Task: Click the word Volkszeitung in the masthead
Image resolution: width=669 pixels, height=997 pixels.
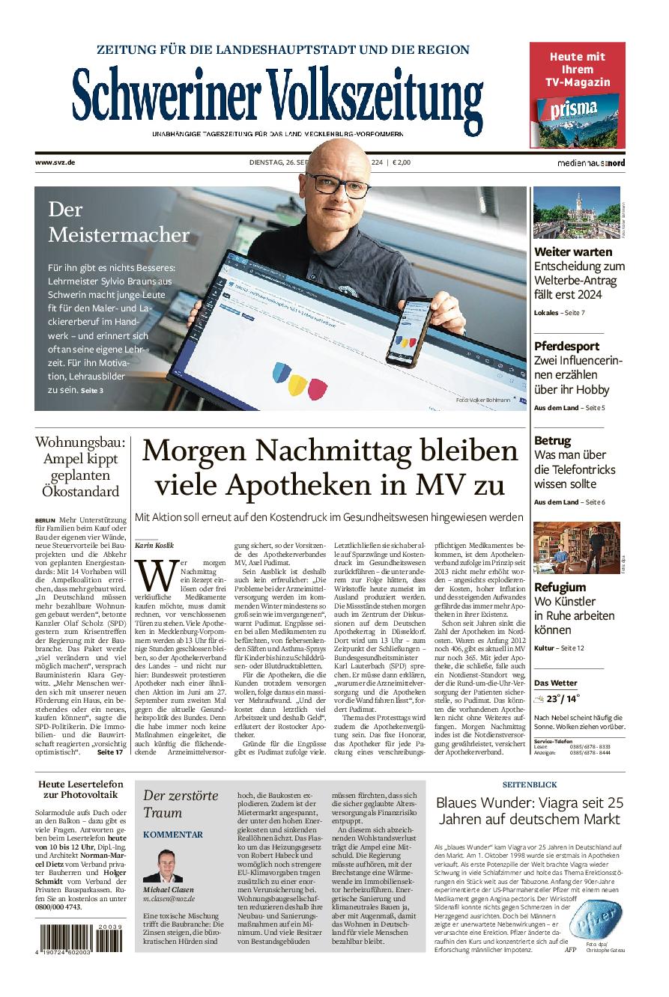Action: [375, 97]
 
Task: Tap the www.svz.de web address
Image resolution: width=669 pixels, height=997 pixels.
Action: [55, 162]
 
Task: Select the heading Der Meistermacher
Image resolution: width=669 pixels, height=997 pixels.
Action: [118, 222]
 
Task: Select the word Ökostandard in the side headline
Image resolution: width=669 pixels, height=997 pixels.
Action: [81, 492]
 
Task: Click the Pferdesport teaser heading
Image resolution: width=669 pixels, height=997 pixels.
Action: [566, 346]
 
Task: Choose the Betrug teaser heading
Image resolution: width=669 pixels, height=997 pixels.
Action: [552, 440]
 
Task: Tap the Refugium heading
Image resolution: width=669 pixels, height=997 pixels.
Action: [560, 587]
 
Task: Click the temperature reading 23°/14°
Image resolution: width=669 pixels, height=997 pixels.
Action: [563, 699]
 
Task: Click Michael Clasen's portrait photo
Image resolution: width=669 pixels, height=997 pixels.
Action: [163, 865]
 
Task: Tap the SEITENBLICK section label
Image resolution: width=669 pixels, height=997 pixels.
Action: [530, 784]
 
